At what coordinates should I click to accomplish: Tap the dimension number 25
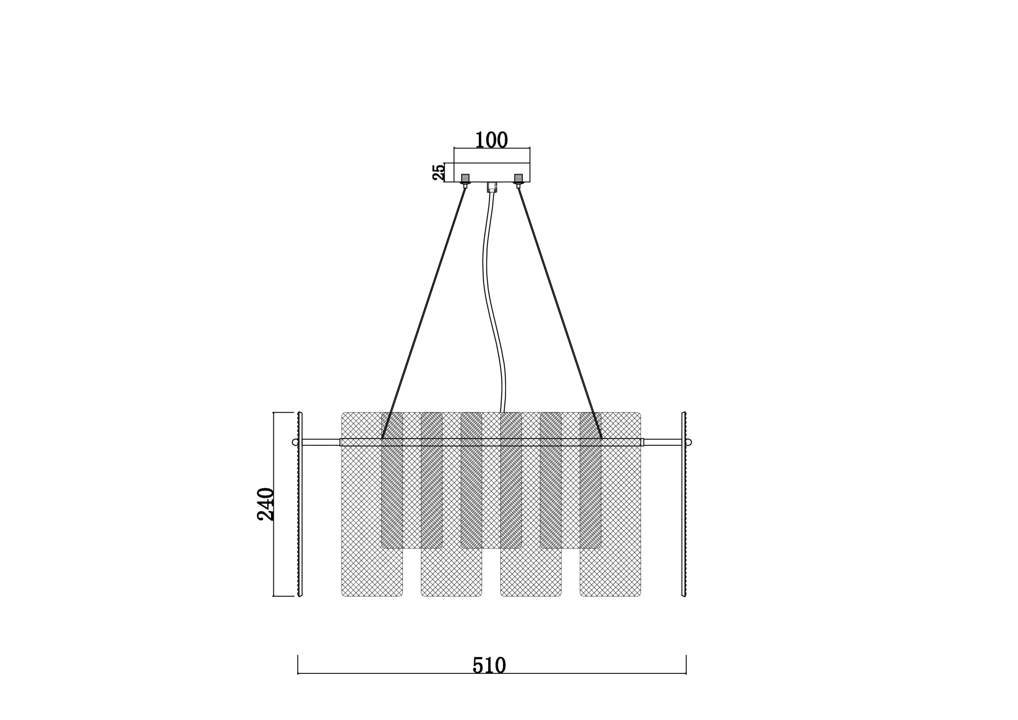[438, 172]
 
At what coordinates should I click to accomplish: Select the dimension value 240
[266, 504]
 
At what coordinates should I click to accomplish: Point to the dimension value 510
[489, 665]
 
